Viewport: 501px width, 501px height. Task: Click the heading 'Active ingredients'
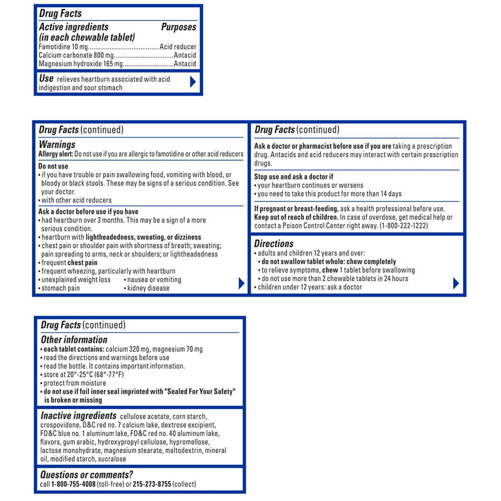73,27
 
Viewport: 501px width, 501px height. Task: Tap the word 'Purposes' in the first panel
179,27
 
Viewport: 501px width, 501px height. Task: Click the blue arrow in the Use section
193,82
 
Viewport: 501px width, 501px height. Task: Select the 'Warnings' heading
57,145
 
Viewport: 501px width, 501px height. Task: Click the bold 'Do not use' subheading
53,166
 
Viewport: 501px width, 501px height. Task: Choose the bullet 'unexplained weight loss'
76,279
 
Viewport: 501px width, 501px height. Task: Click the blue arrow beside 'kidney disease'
241,283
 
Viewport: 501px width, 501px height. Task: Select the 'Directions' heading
273,244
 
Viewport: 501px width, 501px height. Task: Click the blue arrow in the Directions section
456,283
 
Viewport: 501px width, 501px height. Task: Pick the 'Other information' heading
74,340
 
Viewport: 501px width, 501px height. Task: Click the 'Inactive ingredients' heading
78,415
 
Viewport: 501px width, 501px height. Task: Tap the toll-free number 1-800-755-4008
73,484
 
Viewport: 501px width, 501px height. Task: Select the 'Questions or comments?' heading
87,475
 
